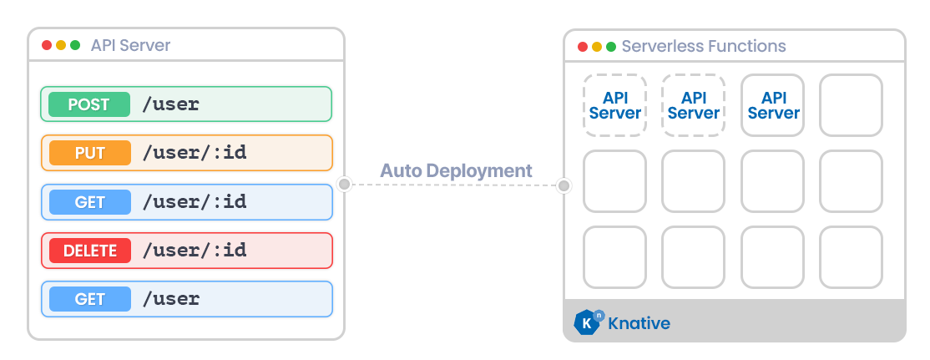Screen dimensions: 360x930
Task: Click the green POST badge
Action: click(x=89, y=104)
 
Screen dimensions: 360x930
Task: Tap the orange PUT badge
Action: click(x=89, y=153)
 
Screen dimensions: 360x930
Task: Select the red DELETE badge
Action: click(x=89, y=250)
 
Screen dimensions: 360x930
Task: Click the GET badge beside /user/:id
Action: click(x=89, y=201)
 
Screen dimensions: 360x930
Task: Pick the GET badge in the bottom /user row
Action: click(x=89, y=298)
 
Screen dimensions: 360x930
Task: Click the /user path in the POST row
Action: click(x=171, y=104)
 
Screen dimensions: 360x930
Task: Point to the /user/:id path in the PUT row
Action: click(x=195, y=153)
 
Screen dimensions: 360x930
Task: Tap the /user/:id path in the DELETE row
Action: click(x=195, y=250)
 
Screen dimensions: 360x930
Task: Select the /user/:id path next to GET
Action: click(x=195, y=201)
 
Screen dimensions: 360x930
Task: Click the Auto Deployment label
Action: click(x=456, y=171)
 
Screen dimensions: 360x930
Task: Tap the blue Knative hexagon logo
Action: click(x=589, y=322)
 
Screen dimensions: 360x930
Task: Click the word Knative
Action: click(x=639, y=323)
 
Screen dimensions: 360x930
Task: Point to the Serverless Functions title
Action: click(x=704, y=46)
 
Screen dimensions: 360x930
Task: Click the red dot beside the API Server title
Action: click(x=47, y=45)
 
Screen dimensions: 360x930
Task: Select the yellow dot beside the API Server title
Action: click(x=61, y=45)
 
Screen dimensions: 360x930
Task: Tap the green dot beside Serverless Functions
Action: click(x=611, y=47)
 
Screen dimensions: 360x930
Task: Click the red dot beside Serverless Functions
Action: click(x=583, y=47)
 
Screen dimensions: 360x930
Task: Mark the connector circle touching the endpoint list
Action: click(x=344, y=184)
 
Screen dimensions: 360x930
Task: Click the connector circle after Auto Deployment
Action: click(x=564, y=185)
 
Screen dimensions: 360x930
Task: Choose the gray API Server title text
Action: click(x=130, y=45)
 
